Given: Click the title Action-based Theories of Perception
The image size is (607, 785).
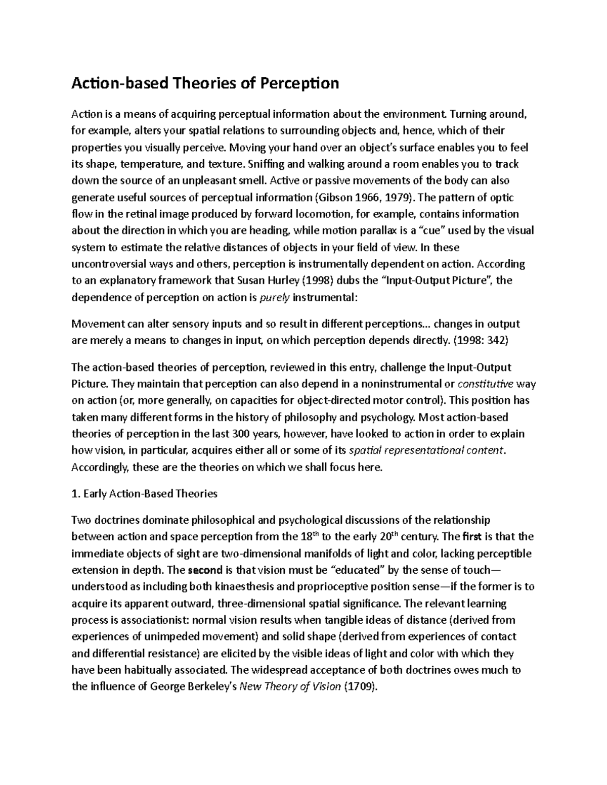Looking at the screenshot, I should tap(205, 82).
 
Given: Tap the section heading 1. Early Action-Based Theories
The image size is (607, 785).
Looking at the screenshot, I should tap(145, 493).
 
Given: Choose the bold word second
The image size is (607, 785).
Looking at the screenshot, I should tap(205, 570).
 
